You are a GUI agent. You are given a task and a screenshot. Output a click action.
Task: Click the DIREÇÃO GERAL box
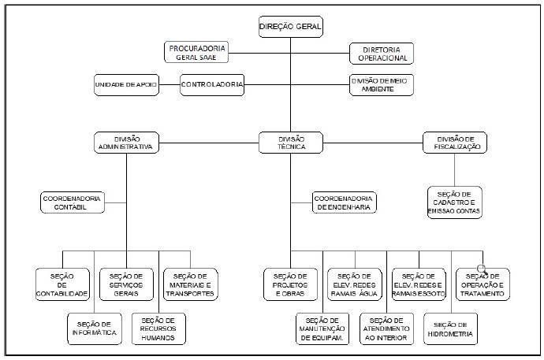coord(291,27)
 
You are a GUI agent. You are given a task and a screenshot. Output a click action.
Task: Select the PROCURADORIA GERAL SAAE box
coord(196,53)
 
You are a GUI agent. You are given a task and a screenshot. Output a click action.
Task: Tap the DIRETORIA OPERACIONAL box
coord(382,54)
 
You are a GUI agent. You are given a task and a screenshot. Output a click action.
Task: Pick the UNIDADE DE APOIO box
coord(126,85)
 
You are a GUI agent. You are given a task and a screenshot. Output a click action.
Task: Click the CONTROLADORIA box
coord(212,85)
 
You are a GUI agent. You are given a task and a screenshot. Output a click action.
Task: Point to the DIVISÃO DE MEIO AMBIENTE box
coord(382,85)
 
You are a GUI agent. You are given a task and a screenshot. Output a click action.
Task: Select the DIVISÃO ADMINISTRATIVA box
coord(126,143)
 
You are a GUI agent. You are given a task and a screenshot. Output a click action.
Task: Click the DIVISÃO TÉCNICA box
coord(291,143)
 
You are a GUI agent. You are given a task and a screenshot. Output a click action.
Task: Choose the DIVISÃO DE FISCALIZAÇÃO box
coord(455,143)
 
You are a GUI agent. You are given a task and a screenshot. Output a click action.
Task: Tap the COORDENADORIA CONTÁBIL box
coord(73,202)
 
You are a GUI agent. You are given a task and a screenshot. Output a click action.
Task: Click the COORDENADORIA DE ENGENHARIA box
coord(345,202)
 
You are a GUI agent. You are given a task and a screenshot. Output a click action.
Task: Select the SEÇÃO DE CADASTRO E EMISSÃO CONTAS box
coord(455,202)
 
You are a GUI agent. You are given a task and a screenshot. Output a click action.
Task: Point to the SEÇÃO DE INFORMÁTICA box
coord(95,328)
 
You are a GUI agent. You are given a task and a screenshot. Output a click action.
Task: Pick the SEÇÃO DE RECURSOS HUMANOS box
coord(158,328)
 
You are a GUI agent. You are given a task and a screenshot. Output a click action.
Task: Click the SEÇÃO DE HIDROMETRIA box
coord(451,328)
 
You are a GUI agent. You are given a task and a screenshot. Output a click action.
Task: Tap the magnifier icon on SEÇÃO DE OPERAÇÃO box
coord(483,269)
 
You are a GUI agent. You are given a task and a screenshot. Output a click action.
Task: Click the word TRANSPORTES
coord(190,294)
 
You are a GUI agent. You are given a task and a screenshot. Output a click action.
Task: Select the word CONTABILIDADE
coord(62,294)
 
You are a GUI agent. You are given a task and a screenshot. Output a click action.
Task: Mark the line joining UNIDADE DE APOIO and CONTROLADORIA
coord(170,84)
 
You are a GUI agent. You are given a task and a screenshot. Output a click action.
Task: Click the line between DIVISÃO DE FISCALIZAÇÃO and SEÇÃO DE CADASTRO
coord(454,170)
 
